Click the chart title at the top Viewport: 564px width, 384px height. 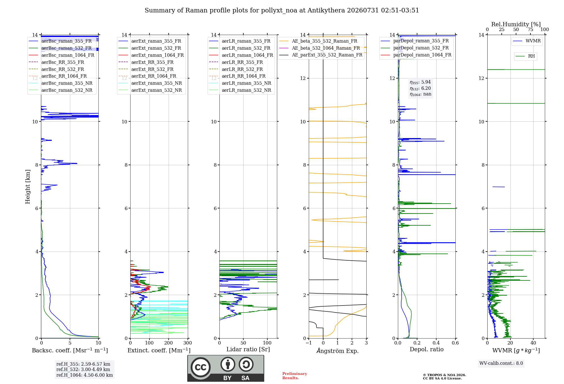coord(282,10)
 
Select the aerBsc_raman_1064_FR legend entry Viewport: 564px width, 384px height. coord(61,55)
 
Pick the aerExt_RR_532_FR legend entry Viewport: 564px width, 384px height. coord(146,69)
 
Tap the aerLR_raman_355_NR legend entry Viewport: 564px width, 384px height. coord(240,83)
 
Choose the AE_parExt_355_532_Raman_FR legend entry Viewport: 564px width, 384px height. coord(321,55)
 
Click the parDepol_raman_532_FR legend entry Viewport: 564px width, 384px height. coord(415,48)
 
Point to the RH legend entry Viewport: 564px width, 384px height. coord(525,56)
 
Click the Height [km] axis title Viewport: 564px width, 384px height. coord(28,187)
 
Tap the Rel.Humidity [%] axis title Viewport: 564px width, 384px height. coord(516,24)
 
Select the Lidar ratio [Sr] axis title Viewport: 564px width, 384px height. coord(248,349)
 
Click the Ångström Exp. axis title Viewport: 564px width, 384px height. coord(338,351)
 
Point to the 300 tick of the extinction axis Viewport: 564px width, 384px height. coord(188,343)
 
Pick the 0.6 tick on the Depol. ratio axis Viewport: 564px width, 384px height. coord(455,343)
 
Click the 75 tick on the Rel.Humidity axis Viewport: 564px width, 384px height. coord(530,29)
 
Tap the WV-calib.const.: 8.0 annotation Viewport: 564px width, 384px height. coord(501,363)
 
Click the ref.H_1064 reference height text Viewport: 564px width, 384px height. coord(85,375)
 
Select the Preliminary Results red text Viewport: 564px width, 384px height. coord(295,376)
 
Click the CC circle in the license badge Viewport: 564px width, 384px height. coord(201,367)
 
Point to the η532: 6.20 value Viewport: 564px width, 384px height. coord(420,88)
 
